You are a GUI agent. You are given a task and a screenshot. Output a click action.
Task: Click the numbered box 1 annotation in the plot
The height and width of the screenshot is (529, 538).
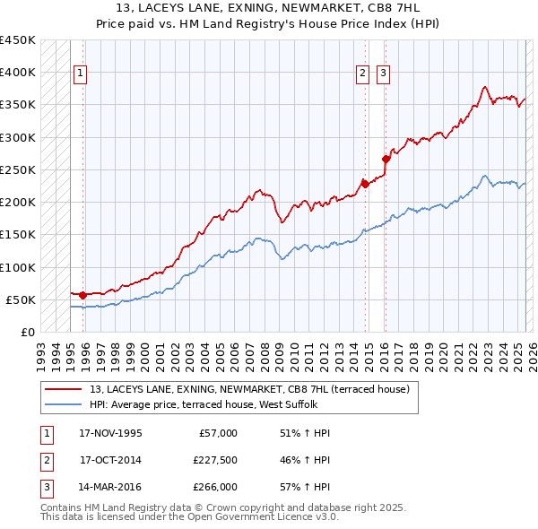[x=81, y=74]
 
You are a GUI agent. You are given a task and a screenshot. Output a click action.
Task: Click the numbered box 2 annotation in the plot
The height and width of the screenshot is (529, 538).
[x=363, y=74]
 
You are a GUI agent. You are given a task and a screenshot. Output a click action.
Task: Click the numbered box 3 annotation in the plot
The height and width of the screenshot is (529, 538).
[x=383, y=74]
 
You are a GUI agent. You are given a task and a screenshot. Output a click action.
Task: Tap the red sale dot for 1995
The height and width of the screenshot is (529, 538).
[x=83, y=294]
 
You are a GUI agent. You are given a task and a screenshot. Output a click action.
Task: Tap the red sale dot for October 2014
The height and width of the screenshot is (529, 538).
[x=365, y=184]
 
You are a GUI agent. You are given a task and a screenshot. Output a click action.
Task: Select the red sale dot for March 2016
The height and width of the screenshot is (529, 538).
[x=386, y=160]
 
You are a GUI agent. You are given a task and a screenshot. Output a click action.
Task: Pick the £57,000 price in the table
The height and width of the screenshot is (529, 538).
[x=216, y=433]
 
